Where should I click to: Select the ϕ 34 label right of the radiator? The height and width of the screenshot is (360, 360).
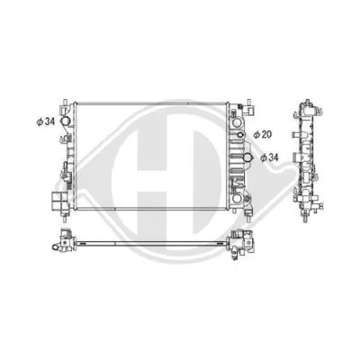[x=270, y=157]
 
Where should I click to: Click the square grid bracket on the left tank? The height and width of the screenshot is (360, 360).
[x=62, y=197]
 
